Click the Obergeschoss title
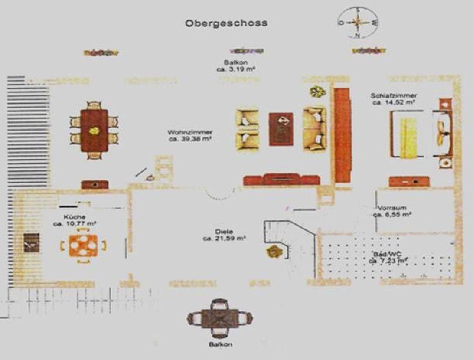point(226,23)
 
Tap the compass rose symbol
point(358,23)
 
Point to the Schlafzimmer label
point(394,96)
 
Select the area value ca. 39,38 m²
point(186,139)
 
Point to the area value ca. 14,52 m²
point(394,103)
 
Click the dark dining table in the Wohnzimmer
point(94,130)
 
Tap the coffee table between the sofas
point(281,129)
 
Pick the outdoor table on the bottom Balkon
point(220,318)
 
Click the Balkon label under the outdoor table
point(220,344)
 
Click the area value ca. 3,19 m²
point(235,69)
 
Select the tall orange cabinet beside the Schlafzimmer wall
point(342,135)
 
